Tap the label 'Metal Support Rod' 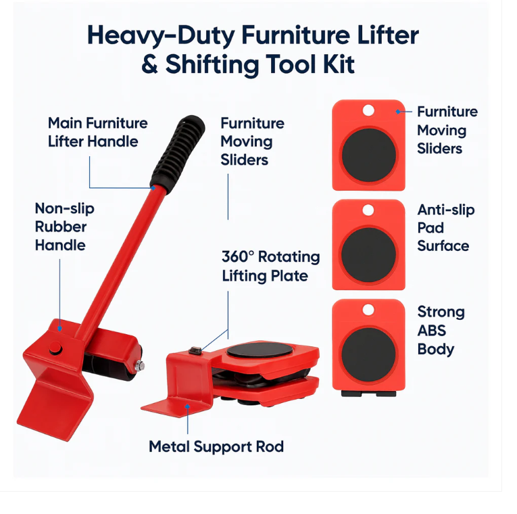coord(216,447)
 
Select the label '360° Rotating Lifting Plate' coord(270,266)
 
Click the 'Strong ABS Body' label coord(441,331)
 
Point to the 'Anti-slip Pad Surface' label coord(445,228)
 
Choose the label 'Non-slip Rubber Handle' coord(65,227)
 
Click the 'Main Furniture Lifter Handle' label coord(97,132)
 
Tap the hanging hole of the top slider coord(368,110)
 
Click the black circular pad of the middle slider coord(368,255)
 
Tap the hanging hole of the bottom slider coord(368,310)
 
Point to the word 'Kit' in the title coord(335,66)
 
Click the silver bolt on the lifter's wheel coord(139,366)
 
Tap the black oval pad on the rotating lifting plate coord(260,352)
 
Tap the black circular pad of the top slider coord(368,156)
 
